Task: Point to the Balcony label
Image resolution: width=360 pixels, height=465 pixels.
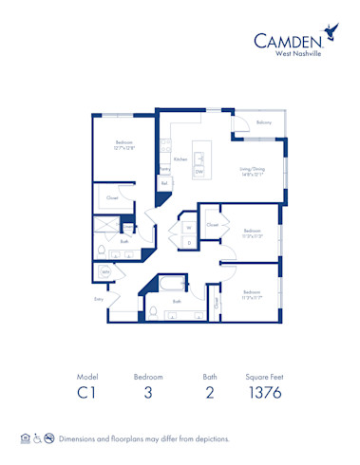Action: [x=264, y=122]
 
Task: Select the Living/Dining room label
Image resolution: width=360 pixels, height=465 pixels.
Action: [x=253, y=172]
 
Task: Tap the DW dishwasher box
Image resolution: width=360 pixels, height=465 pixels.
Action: [x=199, y=173]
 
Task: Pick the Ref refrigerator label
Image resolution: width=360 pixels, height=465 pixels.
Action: [x=164, y=184]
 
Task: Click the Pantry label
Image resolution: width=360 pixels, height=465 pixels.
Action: [x=165, y=168]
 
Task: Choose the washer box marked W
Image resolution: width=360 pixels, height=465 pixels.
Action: [x=188, y=228]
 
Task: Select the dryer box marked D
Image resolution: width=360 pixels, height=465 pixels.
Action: [x=188, y=243]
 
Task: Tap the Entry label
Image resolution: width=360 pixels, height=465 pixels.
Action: [x=98, y=298]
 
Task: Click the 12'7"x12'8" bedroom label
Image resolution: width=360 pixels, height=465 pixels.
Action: [x=124, y=145]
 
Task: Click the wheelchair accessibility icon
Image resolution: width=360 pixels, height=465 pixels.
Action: [x=36, y=439]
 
